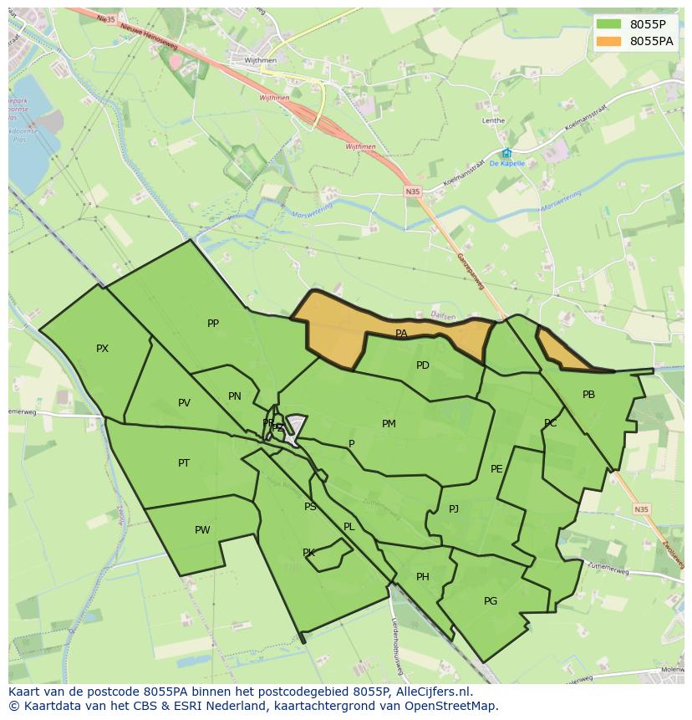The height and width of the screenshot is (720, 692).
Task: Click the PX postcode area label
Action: (x=102, y=349)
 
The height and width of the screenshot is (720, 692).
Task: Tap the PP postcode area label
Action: (x=213, y=324)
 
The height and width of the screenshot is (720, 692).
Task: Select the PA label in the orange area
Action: (x=401, y=334)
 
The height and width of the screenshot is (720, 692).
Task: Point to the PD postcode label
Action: (x=423, y=365)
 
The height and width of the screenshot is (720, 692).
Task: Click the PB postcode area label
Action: (x=588, y=395)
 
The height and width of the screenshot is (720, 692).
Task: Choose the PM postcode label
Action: (x=389, y=424)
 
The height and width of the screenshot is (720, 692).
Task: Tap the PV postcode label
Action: (x=184, y=403)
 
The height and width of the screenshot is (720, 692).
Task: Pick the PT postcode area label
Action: (x=184, y=463)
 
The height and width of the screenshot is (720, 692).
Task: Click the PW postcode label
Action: (x=202, y=530)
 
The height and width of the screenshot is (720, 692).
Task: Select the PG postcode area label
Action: (x=491, y=601)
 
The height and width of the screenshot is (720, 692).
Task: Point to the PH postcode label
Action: (x=423, y=577)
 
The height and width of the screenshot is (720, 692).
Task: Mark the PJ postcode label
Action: (x=454, y=509)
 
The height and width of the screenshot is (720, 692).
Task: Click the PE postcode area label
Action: (x=496, y=469)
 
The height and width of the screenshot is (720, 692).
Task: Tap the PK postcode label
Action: (x=308, y=553)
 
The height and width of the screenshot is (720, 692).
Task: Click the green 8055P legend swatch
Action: (x=609, y=23)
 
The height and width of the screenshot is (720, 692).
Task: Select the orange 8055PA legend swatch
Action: (x=609, y=41)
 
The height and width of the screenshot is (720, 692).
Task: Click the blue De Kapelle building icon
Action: (x=506, y=153)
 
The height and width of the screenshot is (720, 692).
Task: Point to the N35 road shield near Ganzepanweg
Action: (x=413, y=191)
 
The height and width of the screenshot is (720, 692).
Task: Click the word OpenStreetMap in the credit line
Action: (x=456, y=705)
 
